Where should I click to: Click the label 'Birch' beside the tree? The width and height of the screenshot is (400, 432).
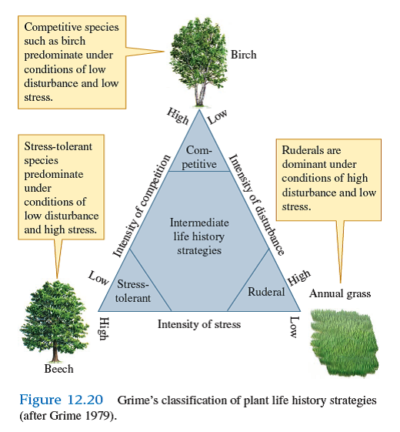point(243,55)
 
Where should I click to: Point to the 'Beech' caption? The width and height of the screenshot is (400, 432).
point(58,369)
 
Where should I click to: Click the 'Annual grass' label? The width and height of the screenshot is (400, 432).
point(340,293)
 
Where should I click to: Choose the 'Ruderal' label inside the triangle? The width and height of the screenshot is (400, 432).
point(266,292)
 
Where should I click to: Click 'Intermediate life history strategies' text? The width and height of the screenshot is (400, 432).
point(198,236)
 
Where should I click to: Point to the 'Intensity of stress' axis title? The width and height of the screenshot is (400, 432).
point(199,324)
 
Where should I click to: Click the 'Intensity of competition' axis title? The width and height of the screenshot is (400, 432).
point(141,206)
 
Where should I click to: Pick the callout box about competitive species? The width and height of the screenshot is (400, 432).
point(72,62)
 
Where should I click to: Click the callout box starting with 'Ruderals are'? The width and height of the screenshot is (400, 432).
point(329,179)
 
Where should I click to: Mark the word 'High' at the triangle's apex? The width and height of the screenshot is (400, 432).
point(178,116)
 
